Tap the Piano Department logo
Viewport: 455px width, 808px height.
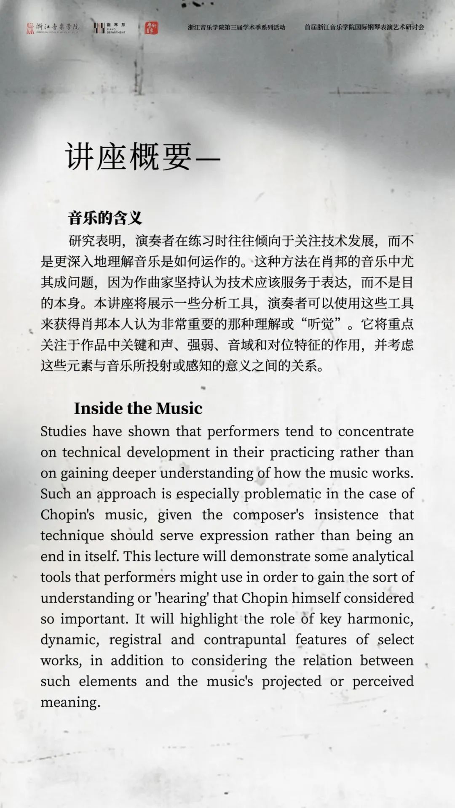coord(109,28)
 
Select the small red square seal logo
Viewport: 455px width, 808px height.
coord(151,28)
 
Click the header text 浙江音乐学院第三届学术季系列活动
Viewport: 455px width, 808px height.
coord(236,27)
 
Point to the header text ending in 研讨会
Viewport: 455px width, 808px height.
coord(364,27)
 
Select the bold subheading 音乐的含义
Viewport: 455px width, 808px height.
coord(105,218)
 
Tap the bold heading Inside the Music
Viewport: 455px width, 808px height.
coord(138,408)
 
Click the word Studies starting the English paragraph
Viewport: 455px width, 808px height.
coord(63,432)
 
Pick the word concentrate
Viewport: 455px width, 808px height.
coord(376,432)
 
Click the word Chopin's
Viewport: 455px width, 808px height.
coord(67,515)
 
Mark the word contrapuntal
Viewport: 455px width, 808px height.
coord(245,640)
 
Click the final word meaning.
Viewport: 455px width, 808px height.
coord(70,702)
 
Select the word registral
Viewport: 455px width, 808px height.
coord(135,640)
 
